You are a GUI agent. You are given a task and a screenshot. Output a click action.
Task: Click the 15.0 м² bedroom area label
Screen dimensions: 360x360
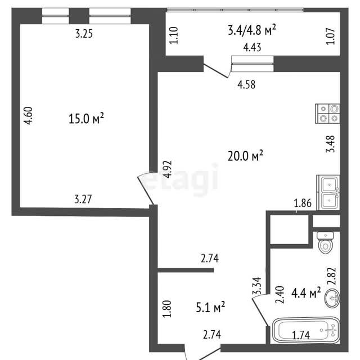pos(86,119)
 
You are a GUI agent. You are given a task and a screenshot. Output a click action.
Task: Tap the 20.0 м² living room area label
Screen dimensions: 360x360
pos(245,155)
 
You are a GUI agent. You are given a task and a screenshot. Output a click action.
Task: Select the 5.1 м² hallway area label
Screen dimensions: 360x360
pos(210,307)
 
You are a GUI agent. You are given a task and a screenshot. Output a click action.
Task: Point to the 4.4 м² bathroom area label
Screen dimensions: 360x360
pos(306,292)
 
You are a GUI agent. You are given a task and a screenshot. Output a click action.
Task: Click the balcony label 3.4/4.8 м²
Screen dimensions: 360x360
pos(251,30)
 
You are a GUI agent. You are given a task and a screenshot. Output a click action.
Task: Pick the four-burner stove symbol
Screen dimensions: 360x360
pos(327,114)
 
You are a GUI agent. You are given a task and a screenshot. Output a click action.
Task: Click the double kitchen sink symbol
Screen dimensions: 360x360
pos(328,192)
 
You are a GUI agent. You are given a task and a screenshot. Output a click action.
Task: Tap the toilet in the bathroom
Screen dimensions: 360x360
pos(325,242)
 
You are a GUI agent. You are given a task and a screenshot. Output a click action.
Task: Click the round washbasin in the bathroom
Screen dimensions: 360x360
pos(332,298)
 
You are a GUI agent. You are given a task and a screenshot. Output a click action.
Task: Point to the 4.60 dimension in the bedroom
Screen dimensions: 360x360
pos(29,116)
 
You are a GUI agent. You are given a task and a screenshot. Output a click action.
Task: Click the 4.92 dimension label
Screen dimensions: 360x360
pos(167,169)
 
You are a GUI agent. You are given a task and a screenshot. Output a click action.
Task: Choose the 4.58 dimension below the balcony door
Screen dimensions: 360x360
pos(246,84)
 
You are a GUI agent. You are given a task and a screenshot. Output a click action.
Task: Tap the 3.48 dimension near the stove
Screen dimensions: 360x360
pos(331,144)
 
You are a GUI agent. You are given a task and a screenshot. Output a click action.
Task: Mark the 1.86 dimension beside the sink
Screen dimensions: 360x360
pos(303,203)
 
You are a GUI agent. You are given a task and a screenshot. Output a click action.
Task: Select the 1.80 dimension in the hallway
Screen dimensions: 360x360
pos(167,309)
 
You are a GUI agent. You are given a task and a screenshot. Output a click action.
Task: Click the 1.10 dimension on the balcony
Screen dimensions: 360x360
pos(173,35)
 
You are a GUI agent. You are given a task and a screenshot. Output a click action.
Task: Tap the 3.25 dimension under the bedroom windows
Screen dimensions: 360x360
pos(84,34)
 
